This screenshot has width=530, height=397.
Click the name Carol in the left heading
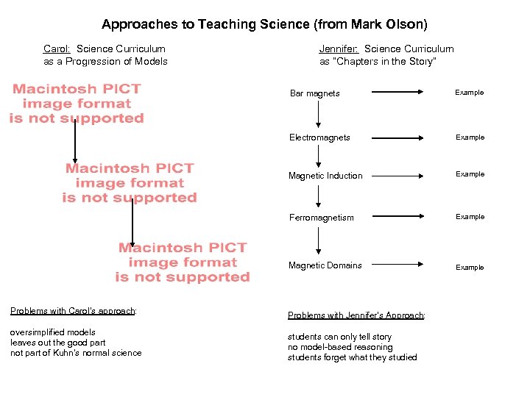click(57, 49)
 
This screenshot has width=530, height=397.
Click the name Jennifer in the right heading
click(339, 49)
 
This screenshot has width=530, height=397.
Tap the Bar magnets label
click(314, 93)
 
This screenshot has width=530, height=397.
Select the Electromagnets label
click(319, 137)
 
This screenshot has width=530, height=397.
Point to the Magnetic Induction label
click(325, 176)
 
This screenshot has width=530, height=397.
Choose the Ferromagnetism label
click(321, 218)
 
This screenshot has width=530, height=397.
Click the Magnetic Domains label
click(325, 265)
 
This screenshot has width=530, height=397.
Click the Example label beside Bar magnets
click(469, 93)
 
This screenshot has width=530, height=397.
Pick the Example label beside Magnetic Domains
click(469, 268)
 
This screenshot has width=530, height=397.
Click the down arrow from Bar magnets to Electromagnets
click(318, 115)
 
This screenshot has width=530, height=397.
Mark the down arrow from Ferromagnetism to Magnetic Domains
click(318, 241)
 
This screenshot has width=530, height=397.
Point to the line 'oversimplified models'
click(52, 332)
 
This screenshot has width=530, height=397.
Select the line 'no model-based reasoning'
click(340, 347)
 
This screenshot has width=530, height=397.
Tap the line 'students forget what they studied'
click(352, 357)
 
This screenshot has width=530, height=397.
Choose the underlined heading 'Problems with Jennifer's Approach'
click(356, 315)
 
